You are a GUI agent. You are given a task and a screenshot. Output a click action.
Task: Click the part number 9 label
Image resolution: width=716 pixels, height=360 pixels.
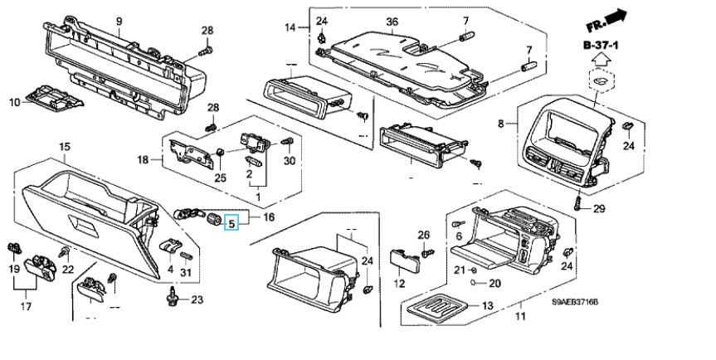[119, 21]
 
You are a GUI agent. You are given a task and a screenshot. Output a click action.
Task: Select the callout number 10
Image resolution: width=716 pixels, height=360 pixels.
[14, 103]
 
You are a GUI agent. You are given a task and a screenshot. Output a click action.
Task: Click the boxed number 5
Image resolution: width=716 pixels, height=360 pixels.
[231, 222]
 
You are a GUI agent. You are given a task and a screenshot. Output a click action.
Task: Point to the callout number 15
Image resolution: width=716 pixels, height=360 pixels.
[64, 147]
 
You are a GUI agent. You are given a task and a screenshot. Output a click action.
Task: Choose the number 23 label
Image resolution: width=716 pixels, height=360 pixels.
[197, 299]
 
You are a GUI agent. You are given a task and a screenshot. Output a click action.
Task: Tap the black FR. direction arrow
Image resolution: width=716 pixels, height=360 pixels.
[616, 16]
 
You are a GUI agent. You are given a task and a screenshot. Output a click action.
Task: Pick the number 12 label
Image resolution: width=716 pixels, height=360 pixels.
[400, 284]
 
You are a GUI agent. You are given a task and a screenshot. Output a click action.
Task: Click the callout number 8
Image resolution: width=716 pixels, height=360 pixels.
[501, 124]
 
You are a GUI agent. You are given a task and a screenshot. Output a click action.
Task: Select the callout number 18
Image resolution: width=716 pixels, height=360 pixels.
[143, 158]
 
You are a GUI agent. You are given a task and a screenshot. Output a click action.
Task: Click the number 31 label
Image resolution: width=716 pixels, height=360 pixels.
[186, 273]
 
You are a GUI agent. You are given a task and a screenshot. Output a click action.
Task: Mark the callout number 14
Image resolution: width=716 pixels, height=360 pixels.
[290, 28]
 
